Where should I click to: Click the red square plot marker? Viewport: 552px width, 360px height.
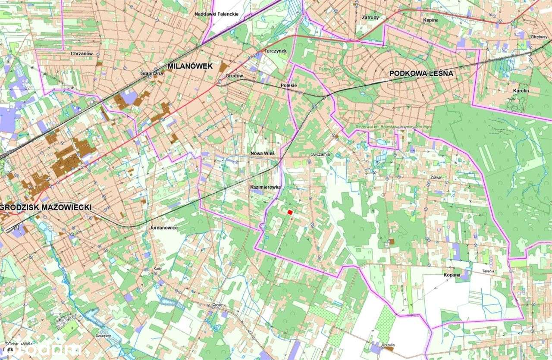[290, 212]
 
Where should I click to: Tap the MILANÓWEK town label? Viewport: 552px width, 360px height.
[190, 66]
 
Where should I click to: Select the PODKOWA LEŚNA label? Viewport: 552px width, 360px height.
[421, 73]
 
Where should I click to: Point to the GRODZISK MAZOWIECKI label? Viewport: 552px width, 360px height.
[47, 207]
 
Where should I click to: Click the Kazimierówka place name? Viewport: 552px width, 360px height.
[266, 187]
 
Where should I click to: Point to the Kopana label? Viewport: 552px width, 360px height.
[451, 275]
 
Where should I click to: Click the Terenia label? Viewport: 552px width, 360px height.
[488, 271]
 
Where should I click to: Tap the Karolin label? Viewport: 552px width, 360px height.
[521, 91]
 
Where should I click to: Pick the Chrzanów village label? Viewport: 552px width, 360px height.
[82, 53]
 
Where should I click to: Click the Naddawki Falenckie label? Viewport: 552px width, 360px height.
[216, 14]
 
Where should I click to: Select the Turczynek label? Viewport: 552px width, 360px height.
[276, 50]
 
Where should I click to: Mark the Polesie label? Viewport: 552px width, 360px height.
[289, 85]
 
